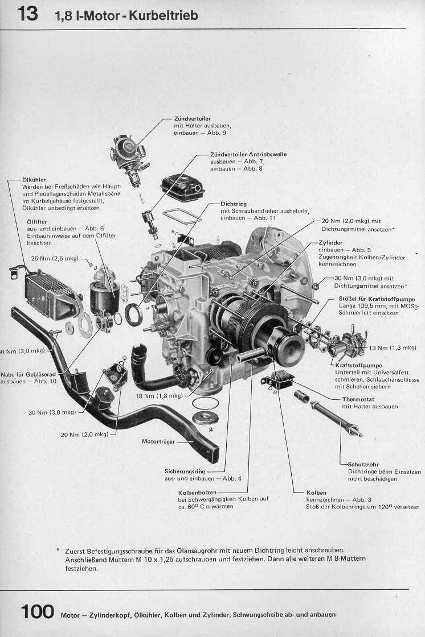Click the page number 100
[37, 612]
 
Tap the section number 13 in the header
[27, 14]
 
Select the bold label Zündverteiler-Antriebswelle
[248, 154]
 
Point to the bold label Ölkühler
[34, 180]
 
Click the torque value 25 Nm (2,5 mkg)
[55, 258]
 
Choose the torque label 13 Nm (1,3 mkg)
[393, 348]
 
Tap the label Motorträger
[158, 441]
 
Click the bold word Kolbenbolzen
[198, 493]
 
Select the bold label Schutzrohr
[363, 464]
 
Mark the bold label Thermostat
[358, 399]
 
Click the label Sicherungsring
[185, 471]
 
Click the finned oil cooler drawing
[47, 292]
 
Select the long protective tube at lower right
[336, 419]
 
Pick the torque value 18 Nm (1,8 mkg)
[159, 396]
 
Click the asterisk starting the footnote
[58, 550]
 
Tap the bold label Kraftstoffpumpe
[359, 365]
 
